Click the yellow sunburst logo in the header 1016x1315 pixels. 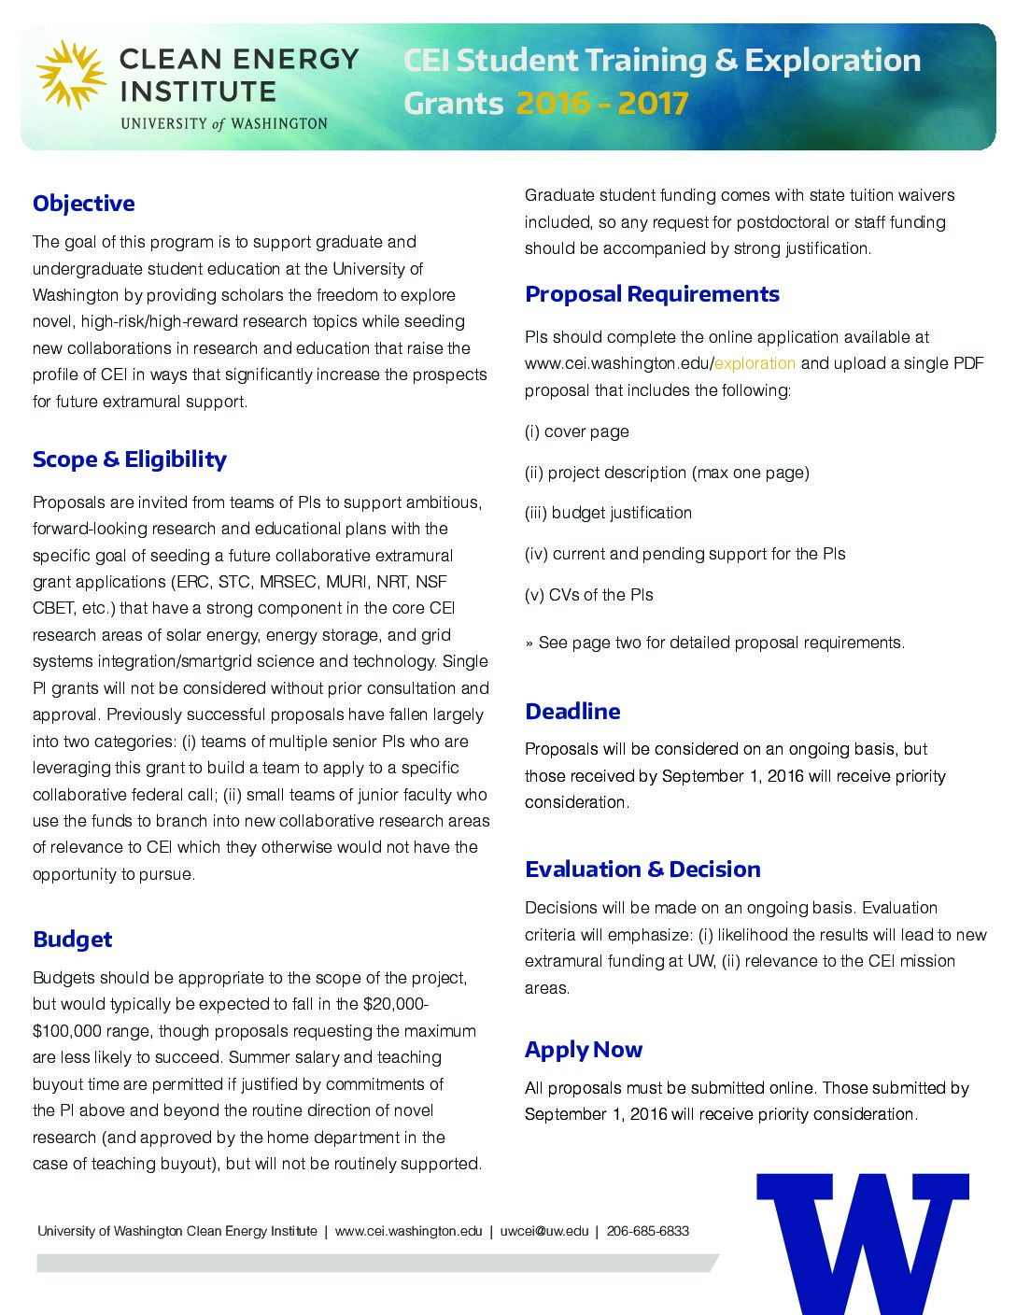[x=71, y=75]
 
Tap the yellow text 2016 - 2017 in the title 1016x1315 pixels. [x=601, y=103]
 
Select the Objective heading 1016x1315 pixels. [x=83, y=204]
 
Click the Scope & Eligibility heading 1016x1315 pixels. [x=129, y=460]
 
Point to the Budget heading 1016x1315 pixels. [x=72, y=940]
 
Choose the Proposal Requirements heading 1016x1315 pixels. [x=652, y=294]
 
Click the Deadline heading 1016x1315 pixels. [x=572, y=712]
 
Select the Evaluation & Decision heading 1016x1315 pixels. [x=642, y=870]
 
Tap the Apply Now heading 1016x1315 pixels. [x=584, y=1050]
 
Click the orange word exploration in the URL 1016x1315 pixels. [x=755, y=363]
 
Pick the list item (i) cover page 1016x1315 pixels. [x=576, y=431]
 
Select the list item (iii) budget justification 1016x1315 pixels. [x=608, y=513]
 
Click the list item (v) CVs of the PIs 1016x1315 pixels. [x=588, y=595]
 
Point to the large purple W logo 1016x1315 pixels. [x=863, y=1242]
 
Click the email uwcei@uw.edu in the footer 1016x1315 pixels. [x=543, y=1231]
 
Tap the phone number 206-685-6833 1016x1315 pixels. [x=647, y=1231]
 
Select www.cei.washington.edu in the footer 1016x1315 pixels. [x=408, y=1231]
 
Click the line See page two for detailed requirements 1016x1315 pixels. [x=714, y=643]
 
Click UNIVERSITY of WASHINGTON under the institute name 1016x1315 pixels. [x=224, y=123]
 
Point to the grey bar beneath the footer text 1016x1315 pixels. [x=374, y=1263]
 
